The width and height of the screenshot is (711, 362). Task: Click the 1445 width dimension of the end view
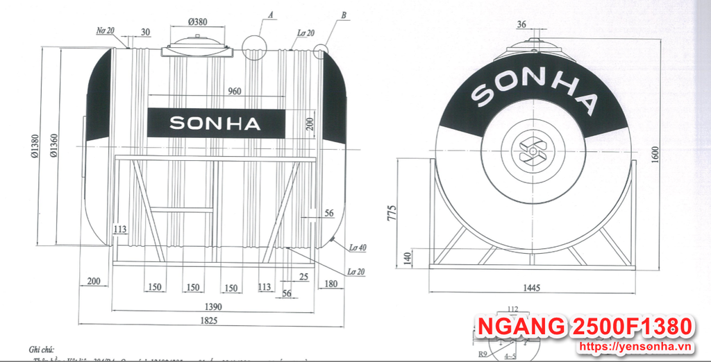tap(532, 287)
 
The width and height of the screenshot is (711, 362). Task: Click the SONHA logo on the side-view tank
tap(215, 123)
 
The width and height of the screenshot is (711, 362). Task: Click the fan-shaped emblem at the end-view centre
tap(533, 150)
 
